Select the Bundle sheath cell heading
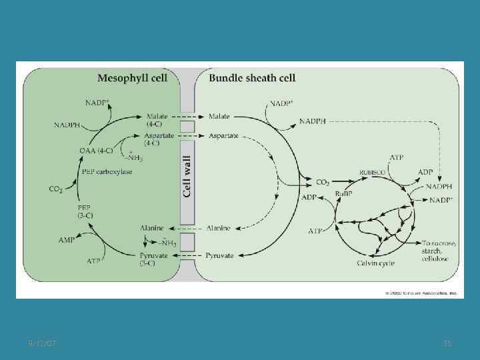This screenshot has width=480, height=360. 253,77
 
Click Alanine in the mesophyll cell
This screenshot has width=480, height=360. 152,227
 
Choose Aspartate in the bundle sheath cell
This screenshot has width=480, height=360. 223,135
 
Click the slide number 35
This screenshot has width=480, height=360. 447,343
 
